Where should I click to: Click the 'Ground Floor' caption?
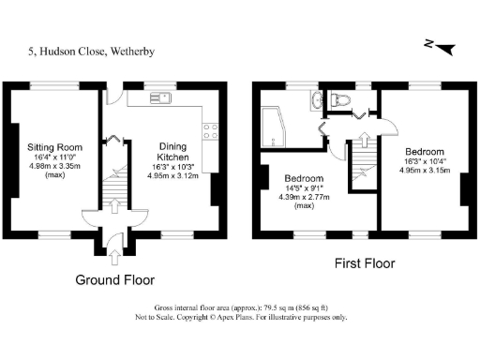click(115, 279)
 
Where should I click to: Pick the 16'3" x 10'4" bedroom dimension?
click(425, 161)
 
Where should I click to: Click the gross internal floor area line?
click(239, 308)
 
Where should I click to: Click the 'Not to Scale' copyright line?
click(239, 318)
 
